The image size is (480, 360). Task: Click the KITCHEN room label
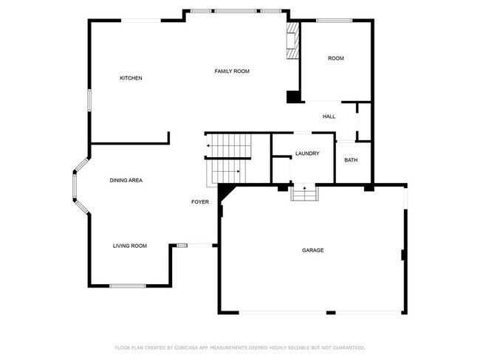pyautogui.click(x=131, y=78)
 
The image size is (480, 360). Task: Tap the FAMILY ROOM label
pyautogui.click(x=232, y=72)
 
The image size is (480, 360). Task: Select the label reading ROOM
pyautogui.click(x=336, y=58)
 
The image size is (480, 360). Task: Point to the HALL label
pyautogui.click(x=329, y=117)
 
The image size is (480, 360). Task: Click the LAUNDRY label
pyautogui.click(x=306, y=153)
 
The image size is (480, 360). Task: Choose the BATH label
pyautogui.click(x=351, y=160)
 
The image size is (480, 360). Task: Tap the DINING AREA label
pyautogui.click(x=126, y=181)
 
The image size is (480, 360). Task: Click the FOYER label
pyautogui.click(x=200, y=201)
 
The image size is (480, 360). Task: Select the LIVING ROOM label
pyautogui.click(x=130, y=246)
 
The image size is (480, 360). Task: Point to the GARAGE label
pyautogui.click(x=312, y=250)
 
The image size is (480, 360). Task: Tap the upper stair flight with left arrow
pyautogui.click(x=229, y=146)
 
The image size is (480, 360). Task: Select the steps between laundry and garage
pyautogui.click(x=304, y=193)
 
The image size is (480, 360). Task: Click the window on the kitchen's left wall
pyautogui.click(x=90, y=100)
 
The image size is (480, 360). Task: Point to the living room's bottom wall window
pyautogui.click(x=128, y=285)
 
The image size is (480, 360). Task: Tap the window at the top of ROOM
pyautogui.click(x=334, y=21)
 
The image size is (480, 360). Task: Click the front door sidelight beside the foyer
pyautogui.click(x=182, y=246)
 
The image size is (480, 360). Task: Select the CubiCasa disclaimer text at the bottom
pyautogui.click(x=239, y=347)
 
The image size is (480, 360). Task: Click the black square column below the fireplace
pyautogui.click(x=293, y=96)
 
